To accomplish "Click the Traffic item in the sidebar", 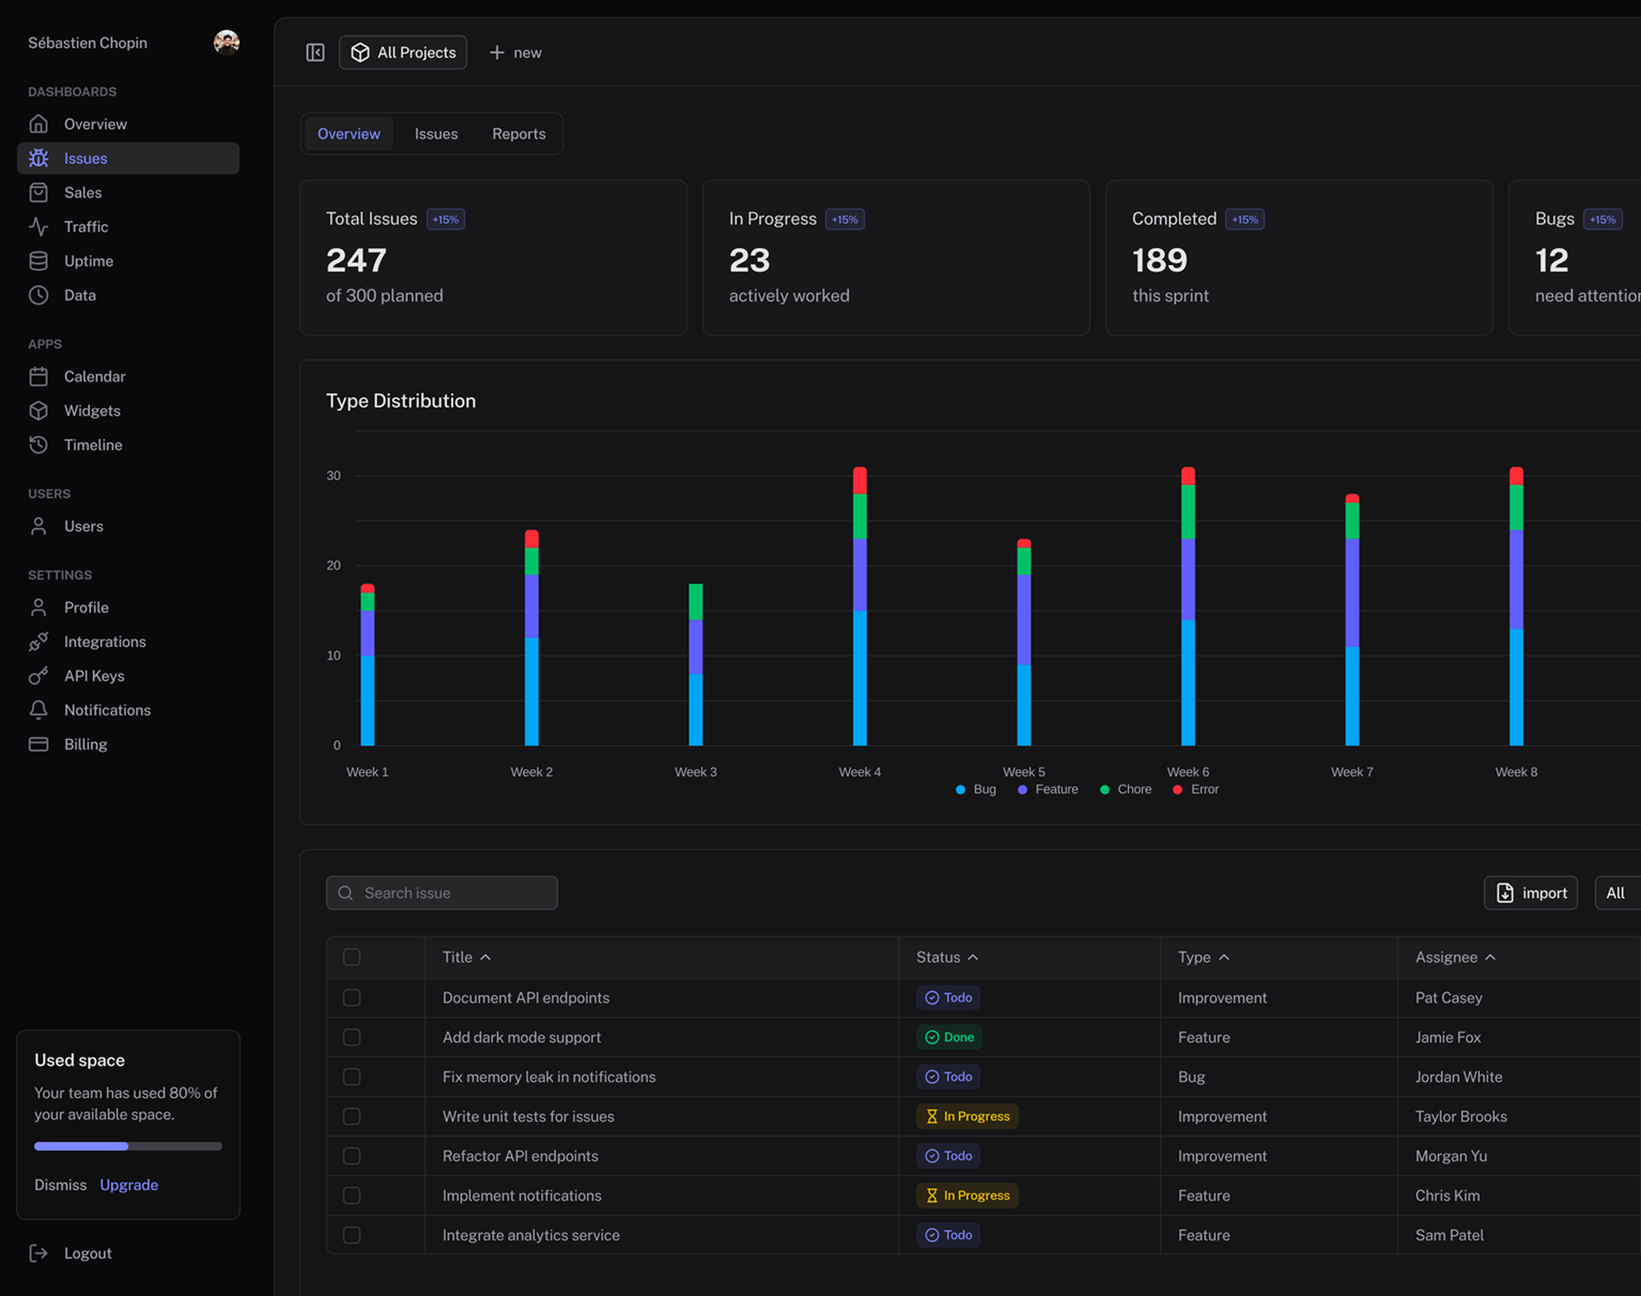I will (86, 227).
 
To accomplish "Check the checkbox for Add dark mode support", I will (351, 1037).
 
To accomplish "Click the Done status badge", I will (949, 1037).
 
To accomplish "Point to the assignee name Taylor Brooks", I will (1460, 1116).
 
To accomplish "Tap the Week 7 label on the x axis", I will (1352, 772).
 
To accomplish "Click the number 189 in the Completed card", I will (1159, 260).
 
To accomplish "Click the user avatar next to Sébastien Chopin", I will (226, 42).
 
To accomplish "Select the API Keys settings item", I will (94, 676).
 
